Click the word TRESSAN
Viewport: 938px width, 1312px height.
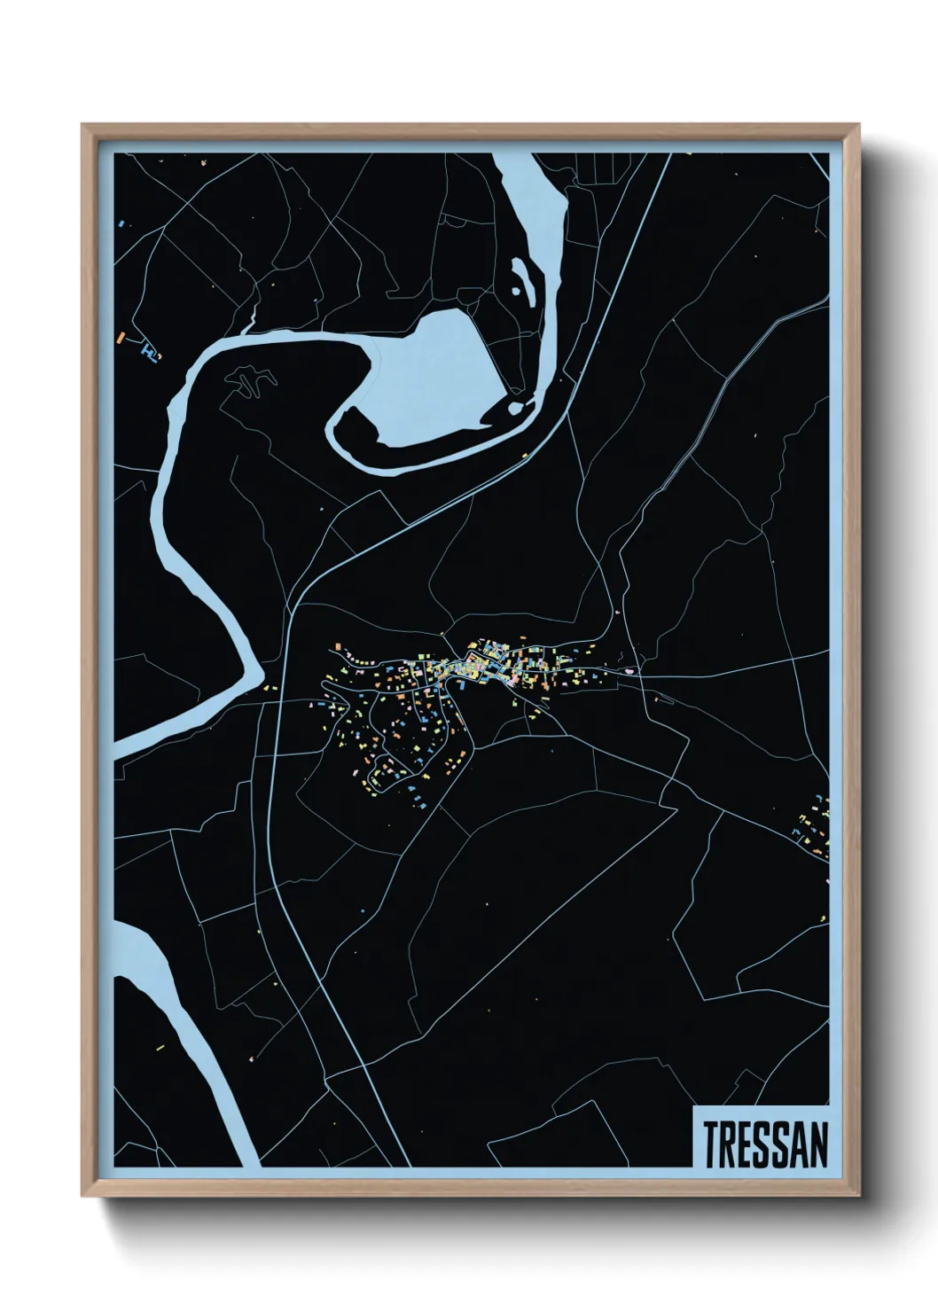pos(766,1144)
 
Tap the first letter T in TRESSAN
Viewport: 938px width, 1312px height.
pos(712,1144)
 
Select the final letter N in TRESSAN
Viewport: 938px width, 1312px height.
pos(819,1144)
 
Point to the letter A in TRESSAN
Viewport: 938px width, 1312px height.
pos(801,1144)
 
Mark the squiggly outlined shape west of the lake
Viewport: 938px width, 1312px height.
pos(254,382)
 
